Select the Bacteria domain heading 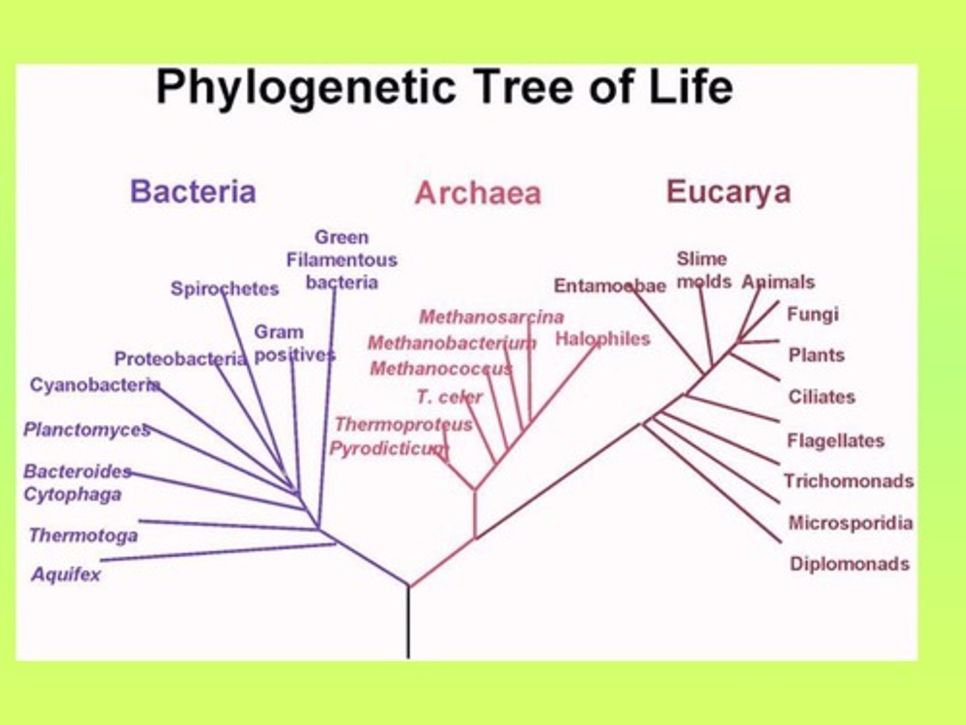coord(193,191)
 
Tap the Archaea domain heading coord(478,193)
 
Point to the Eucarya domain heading coord(729,191)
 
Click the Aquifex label coord(66,575)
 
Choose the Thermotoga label coord(83,536)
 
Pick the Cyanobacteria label coord(95,385)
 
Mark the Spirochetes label coord(224,289)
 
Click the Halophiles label coord(602,339)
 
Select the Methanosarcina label coord(491,316)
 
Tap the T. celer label coord(449,397)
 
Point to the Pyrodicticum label coord(388,448)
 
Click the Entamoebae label coord(609,286)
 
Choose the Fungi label coord(812,314)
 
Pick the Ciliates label coord(822,397)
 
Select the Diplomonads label coord(849,564)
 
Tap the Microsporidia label coord(850,523)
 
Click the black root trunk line coord(408,624)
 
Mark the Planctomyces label coord(87,430)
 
